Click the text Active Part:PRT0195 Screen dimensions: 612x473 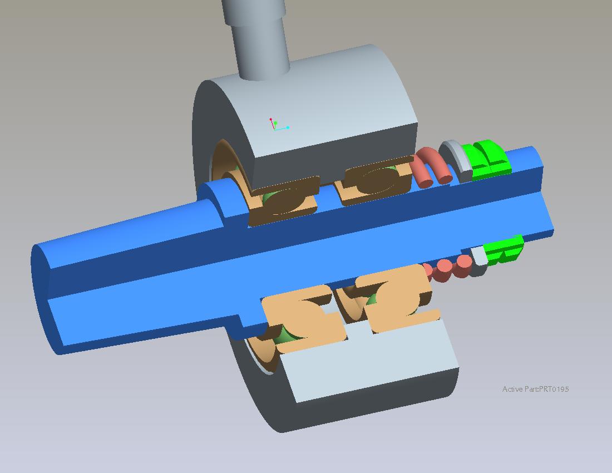535,389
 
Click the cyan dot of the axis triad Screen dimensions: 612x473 288,127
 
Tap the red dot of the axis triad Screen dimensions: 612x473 270,119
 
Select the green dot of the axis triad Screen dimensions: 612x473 275,124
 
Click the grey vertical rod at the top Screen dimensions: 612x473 256,37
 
